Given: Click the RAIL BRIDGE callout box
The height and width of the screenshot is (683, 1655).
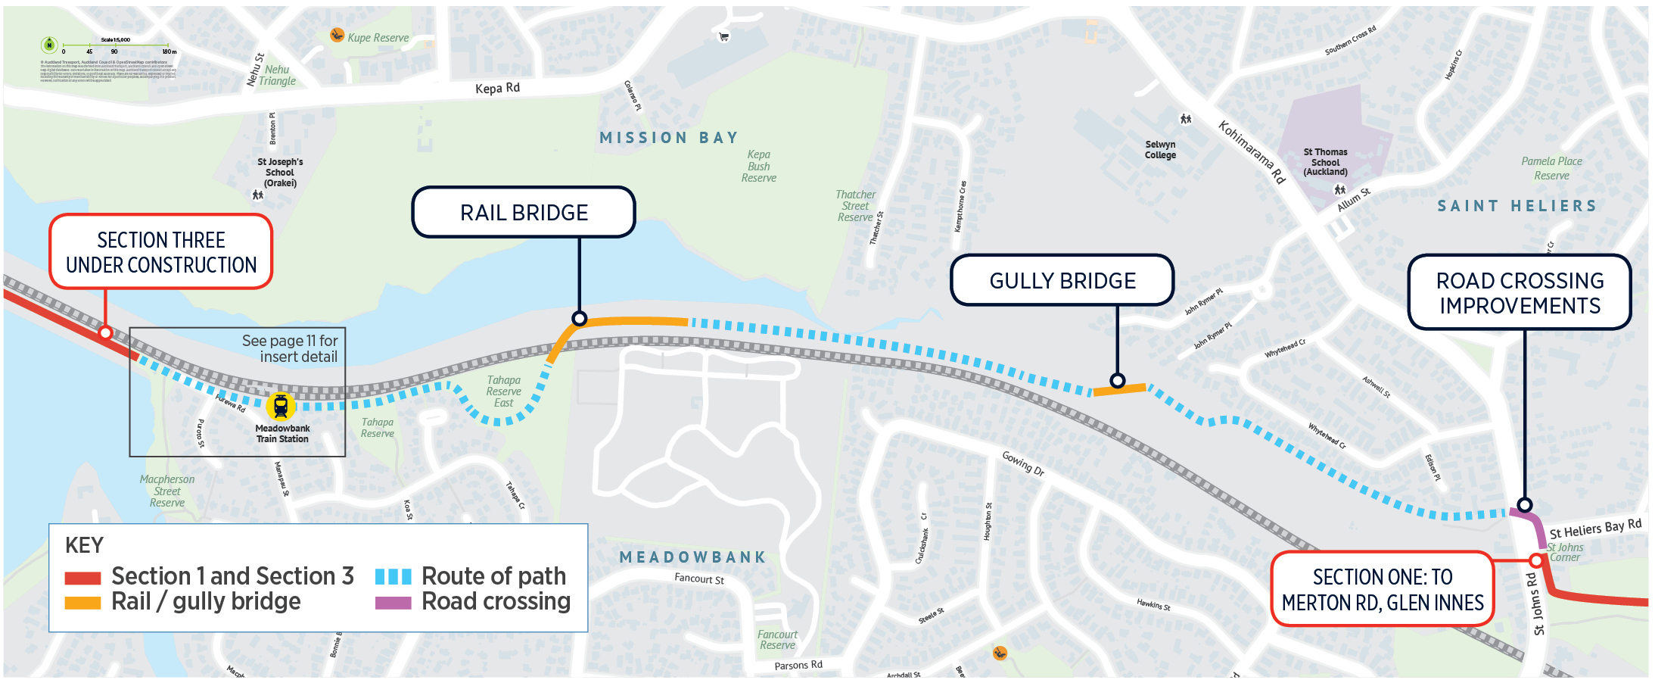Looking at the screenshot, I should pos(524,212).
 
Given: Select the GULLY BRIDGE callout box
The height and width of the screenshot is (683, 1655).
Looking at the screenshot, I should pos(1062,280).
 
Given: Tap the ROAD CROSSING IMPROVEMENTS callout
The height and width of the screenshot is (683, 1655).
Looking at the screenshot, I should pos(1520,292).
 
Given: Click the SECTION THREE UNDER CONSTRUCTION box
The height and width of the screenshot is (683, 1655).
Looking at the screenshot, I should pos(161,252).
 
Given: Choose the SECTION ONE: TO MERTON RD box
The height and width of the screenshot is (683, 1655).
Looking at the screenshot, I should pos(1382,589).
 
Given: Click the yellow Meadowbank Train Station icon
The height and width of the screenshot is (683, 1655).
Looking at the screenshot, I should pos(281,407).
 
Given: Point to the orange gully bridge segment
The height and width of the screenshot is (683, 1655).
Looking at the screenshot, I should pos(1120,390).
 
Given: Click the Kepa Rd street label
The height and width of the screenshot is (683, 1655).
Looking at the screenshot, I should pos(497,88).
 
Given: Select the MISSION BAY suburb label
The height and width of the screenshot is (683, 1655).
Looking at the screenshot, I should pos(668,138).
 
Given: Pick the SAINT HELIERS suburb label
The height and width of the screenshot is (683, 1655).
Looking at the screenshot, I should pos(1517,206).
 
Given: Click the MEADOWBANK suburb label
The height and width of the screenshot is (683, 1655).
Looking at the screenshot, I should pos(692,557).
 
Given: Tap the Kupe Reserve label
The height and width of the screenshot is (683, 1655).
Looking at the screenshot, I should pos(378,38).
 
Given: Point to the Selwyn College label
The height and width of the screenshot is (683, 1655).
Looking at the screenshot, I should pos(1160,150).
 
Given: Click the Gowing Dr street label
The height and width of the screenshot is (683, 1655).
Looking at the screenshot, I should pos(1023,463).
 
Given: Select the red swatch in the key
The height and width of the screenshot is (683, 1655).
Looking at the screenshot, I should pos(82,578).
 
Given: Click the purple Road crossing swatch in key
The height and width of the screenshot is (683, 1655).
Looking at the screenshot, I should pos(394,603).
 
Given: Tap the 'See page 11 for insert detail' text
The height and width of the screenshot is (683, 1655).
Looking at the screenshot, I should pos(291,348).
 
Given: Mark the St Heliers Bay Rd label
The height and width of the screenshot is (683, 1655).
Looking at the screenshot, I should pos(1595,529).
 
